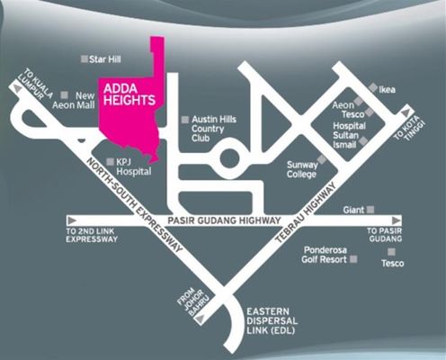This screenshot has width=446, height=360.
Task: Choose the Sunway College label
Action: (304, 170)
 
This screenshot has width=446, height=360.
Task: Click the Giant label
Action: (353, 210)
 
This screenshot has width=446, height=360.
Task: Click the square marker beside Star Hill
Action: (85, 59)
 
